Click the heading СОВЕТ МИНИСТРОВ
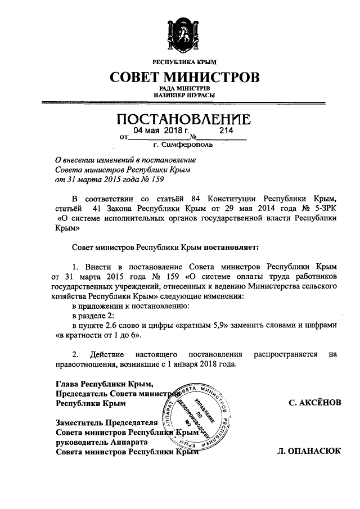185,76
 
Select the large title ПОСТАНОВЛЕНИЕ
183,119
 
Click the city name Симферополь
194,145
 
